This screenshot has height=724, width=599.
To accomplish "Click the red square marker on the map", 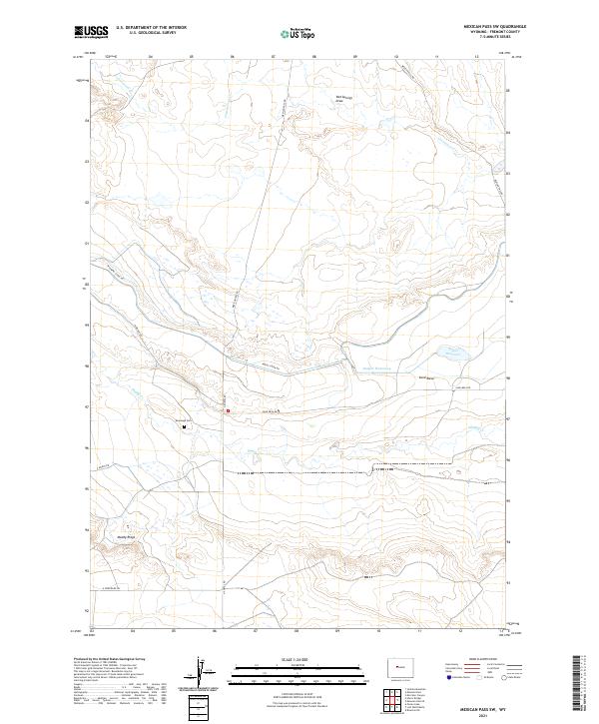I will (228, 409).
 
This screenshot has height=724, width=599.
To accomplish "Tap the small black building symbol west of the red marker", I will (185, 424).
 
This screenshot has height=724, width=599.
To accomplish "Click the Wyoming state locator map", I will (403, 665).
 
